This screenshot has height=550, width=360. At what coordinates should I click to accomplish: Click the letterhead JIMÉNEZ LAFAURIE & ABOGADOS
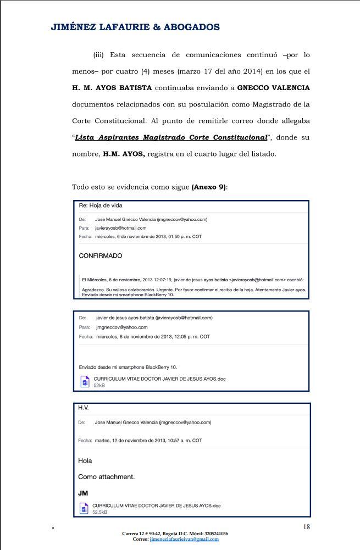tap(135, 27)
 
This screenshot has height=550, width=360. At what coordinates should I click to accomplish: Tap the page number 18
tap(306, 527)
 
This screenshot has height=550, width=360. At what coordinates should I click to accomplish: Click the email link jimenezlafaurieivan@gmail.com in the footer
tap(184, 539)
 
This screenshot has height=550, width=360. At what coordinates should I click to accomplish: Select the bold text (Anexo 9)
tap(209, 187)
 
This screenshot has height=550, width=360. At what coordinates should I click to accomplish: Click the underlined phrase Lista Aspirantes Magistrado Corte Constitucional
tap(171, 137)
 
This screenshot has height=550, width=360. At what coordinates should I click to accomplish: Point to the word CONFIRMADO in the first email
tap(101, 255)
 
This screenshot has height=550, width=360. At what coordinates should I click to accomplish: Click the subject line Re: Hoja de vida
tap(101, 205)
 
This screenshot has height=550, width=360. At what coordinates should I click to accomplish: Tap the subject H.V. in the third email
tap(83, 408)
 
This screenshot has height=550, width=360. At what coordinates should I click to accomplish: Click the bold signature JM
tap(83, 493)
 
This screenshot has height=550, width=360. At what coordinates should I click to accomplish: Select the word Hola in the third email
tap(85, 460)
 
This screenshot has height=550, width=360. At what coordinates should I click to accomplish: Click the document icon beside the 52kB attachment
tap(85, 382)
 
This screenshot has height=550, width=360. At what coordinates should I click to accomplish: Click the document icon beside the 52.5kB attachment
tap(84, 509)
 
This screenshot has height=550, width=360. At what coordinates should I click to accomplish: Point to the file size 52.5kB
tap(99, 512)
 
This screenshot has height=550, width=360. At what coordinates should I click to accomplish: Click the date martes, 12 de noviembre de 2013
tap(148, 440)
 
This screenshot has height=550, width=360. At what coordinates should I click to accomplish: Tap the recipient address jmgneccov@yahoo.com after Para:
tap(121, 327)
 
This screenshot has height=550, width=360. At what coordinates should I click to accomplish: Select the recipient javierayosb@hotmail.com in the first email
tap(120, 227)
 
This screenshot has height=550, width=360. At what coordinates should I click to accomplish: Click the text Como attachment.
tap(106, 476)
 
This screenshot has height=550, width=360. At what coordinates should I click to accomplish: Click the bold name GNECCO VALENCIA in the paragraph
tap(273, 88)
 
